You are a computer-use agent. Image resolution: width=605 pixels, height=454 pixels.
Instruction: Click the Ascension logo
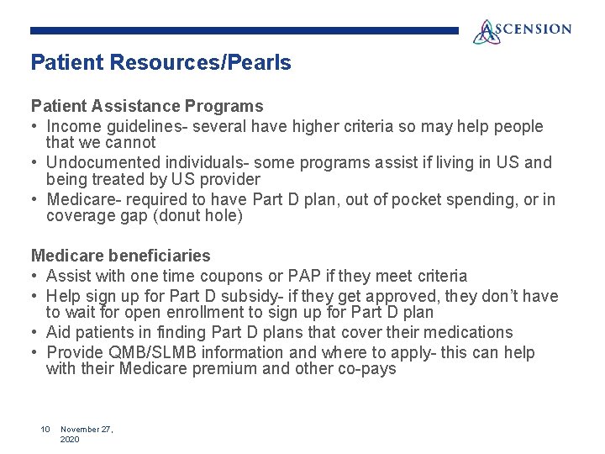(x=522, y=31)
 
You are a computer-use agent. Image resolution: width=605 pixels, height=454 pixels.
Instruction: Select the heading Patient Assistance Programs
(x=147, y=107)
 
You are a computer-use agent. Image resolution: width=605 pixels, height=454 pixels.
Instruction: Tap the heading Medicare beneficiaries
(x=121, y=256)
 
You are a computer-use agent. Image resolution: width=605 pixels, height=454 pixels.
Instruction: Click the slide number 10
(x=46, y=430)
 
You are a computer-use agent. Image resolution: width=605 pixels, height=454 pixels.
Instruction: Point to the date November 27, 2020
(x=87, y=434)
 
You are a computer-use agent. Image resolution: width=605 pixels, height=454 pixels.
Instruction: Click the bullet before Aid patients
(x=35, y=332)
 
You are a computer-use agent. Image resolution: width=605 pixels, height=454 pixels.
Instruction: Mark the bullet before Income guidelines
(x=35, y=127)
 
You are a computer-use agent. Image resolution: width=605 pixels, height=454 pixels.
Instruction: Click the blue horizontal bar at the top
(x=244, y=30)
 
